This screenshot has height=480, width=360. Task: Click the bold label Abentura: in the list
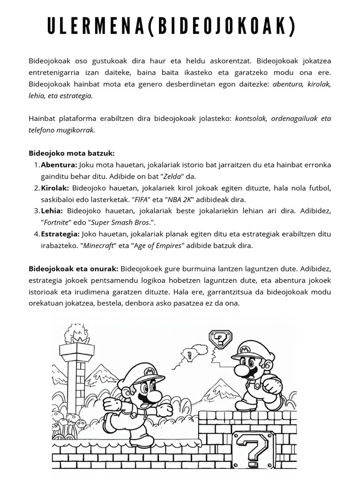pyautogui.click(x=59, y=165)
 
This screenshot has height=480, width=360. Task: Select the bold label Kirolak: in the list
pyautogui.click(x=55, y=188)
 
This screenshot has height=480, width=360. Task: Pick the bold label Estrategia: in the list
pyautogui.click(x=60, y=234)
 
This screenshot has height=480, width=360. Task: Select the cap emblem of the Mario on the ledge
pyautogui.click(x=243, y=349)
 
